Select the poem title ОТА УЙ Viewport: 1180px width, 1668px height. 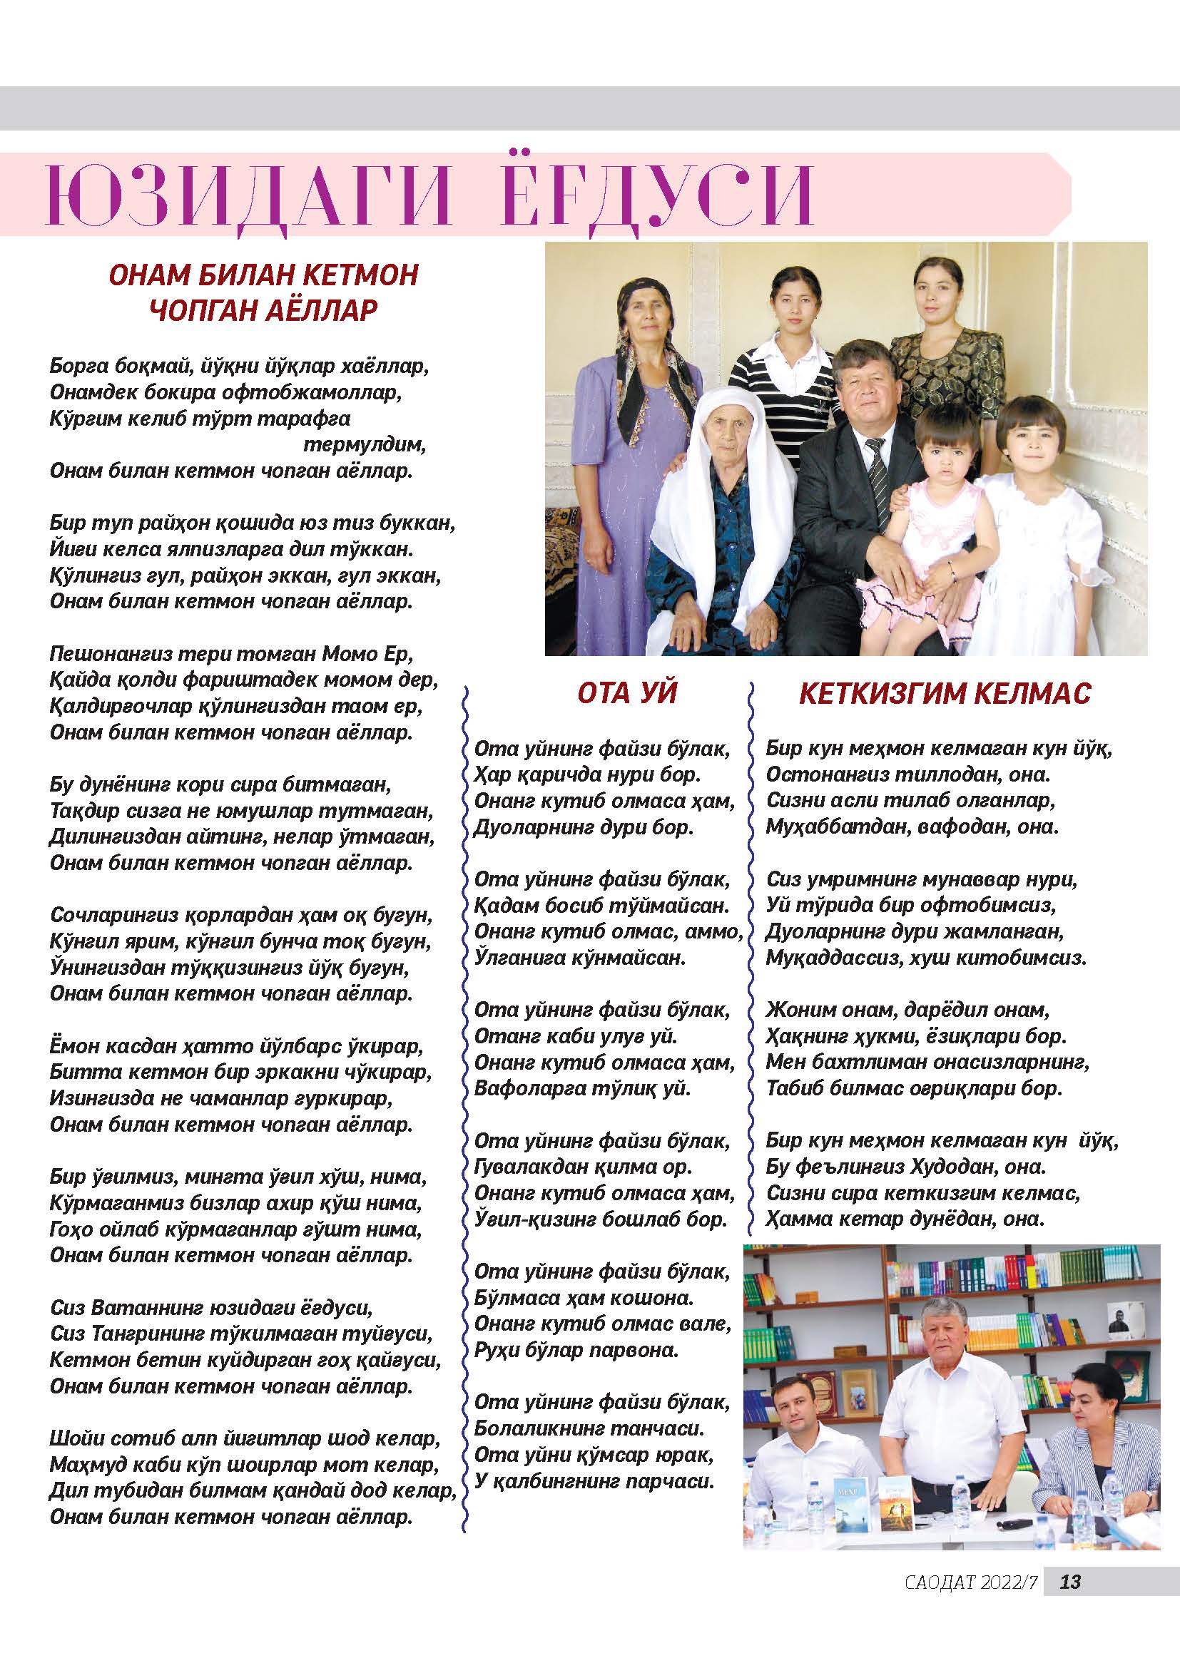tap(626, 693)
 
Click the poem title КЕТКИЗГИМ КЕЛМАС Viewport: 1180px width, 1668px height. tap(945, 694)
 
